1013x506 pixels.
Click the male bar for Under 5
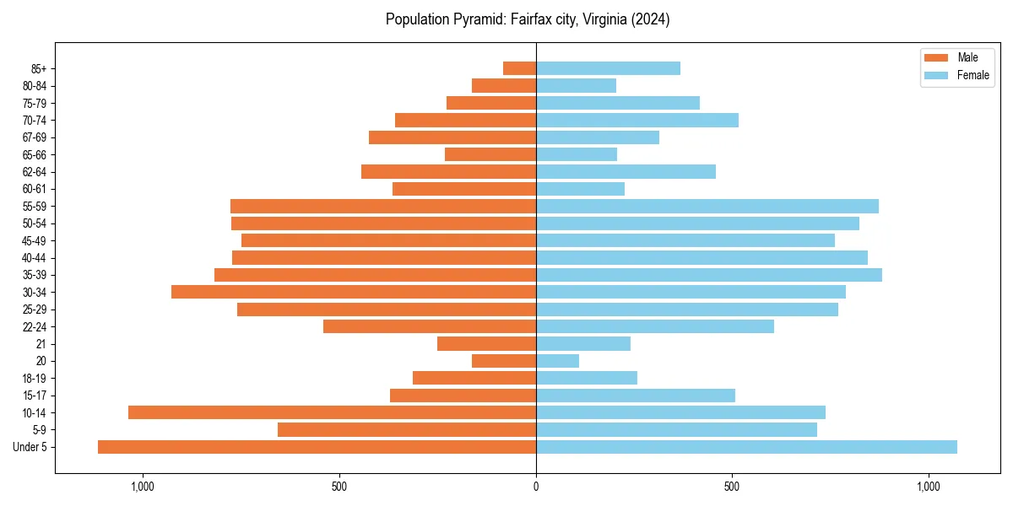[x=317, y=447]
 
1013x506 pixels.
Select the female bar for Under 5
[x=746, y=447]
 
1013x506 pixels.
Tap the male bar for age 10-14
[x=332, y=412]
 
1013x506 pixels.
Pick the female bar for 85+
[x=608, y=68]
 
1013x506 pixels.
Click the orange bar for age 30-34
[x=354, y=292]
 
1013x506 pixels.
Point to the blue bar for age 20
[x=557, y=361]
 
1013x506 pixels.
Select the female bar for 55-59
[x=707, y=206]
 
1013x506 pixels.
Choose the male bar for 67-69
[x=452, y=137]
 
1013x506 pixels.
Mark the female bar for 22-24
[x=655, y=326]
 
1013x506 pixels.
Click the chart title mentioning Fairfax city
[x=528, y=19]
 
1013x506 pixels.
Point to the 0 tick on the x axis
[x=536, y=487]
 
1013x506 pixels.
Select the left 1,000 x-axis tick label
[x=142, y=487]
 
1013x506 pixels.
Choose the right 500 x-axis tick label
[x=732, y=487]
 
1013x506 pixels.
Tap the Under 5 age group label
[x=30, y=447]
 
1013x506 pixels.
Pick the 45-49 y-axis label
[x=35, y=240]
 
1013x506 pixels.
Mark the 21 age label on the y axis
[x=41, y=344]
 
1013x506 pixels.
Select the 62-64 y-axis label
[x=35, y=172]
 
